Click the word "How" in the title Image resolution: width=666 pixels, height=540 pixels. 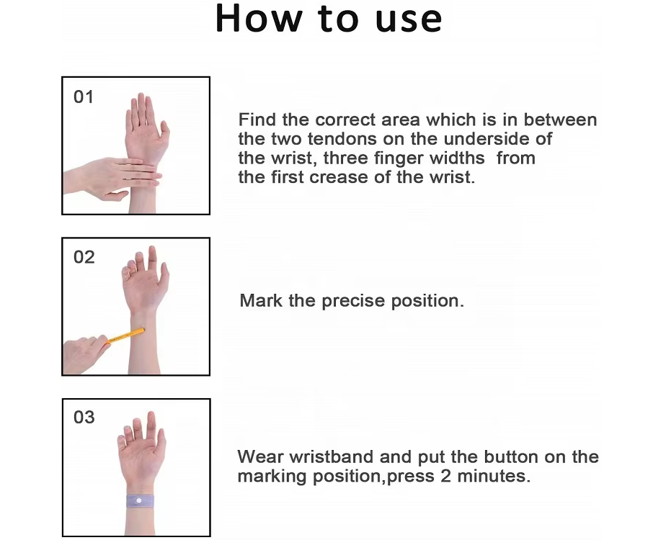coord(259,18)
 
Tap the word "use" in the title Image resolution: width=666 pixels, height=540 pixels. coord(409,21)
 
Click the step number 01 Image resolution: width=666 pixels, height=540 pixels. coord(84,97)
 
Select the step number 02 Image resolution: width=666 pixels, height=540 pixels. coord(84,257)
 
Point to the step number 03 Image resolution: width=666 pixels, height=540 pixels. coord(84,418)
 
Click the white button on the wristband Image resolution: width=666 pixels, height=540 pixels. coord(138,501)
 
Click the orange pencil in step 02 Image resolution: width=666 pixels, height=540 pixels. coord(125,336)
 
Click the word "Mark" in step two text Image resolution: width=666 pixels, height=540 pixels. coord(261,301)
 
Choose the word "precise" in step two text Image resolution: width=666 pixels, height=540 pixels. coord(353,302)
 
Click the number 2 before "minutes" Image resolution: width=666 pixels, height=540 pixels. coord(445,477)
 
